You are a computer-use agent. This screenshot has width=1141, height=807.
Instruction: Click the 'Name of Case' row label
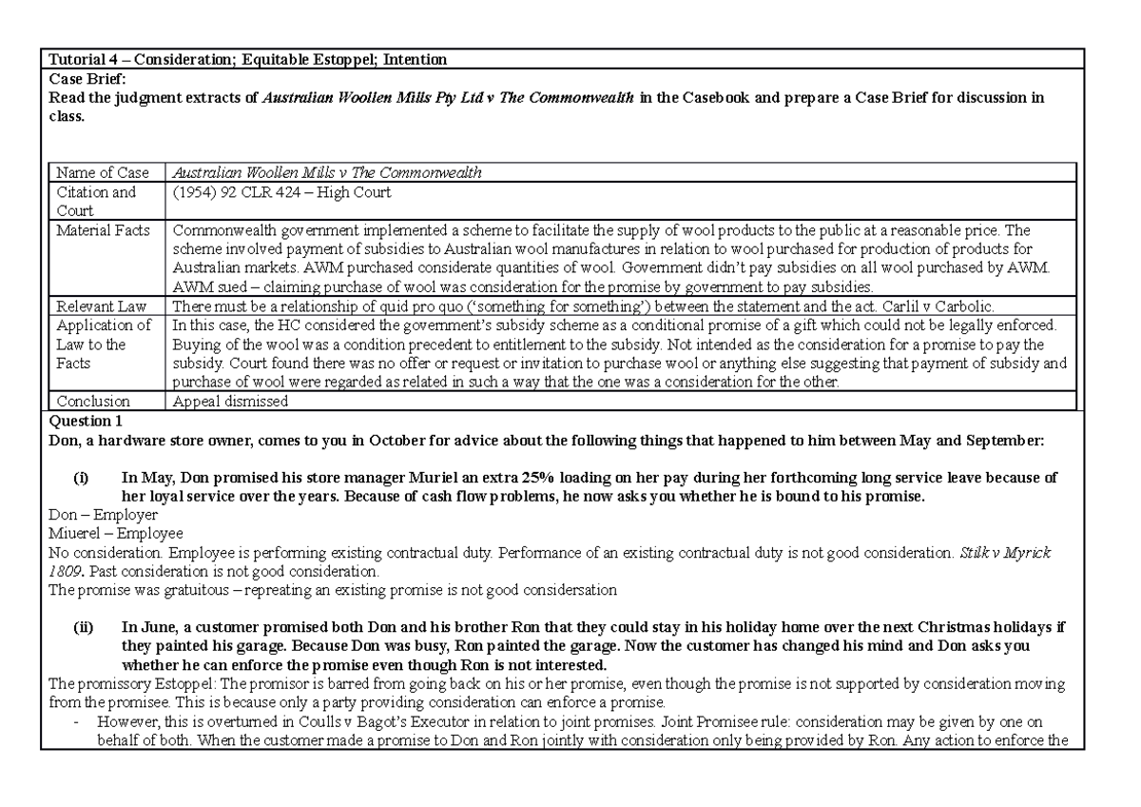pos(103,172)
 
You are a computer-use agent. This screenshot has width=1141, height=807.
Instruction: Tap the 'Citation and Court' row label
pos(95,201)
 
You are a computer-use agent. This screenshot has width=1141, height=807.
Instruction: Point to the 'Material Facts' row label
pos(104,230)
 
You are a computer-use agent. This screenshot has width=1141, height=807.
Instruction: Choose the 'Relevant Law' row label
pos(99,306)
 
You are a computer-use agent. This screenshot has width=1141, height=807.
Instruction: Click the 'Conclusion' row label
pos(93,401)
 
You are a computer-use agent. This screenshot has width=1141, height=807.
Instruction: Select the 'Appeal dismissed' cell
pos(228,401)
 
